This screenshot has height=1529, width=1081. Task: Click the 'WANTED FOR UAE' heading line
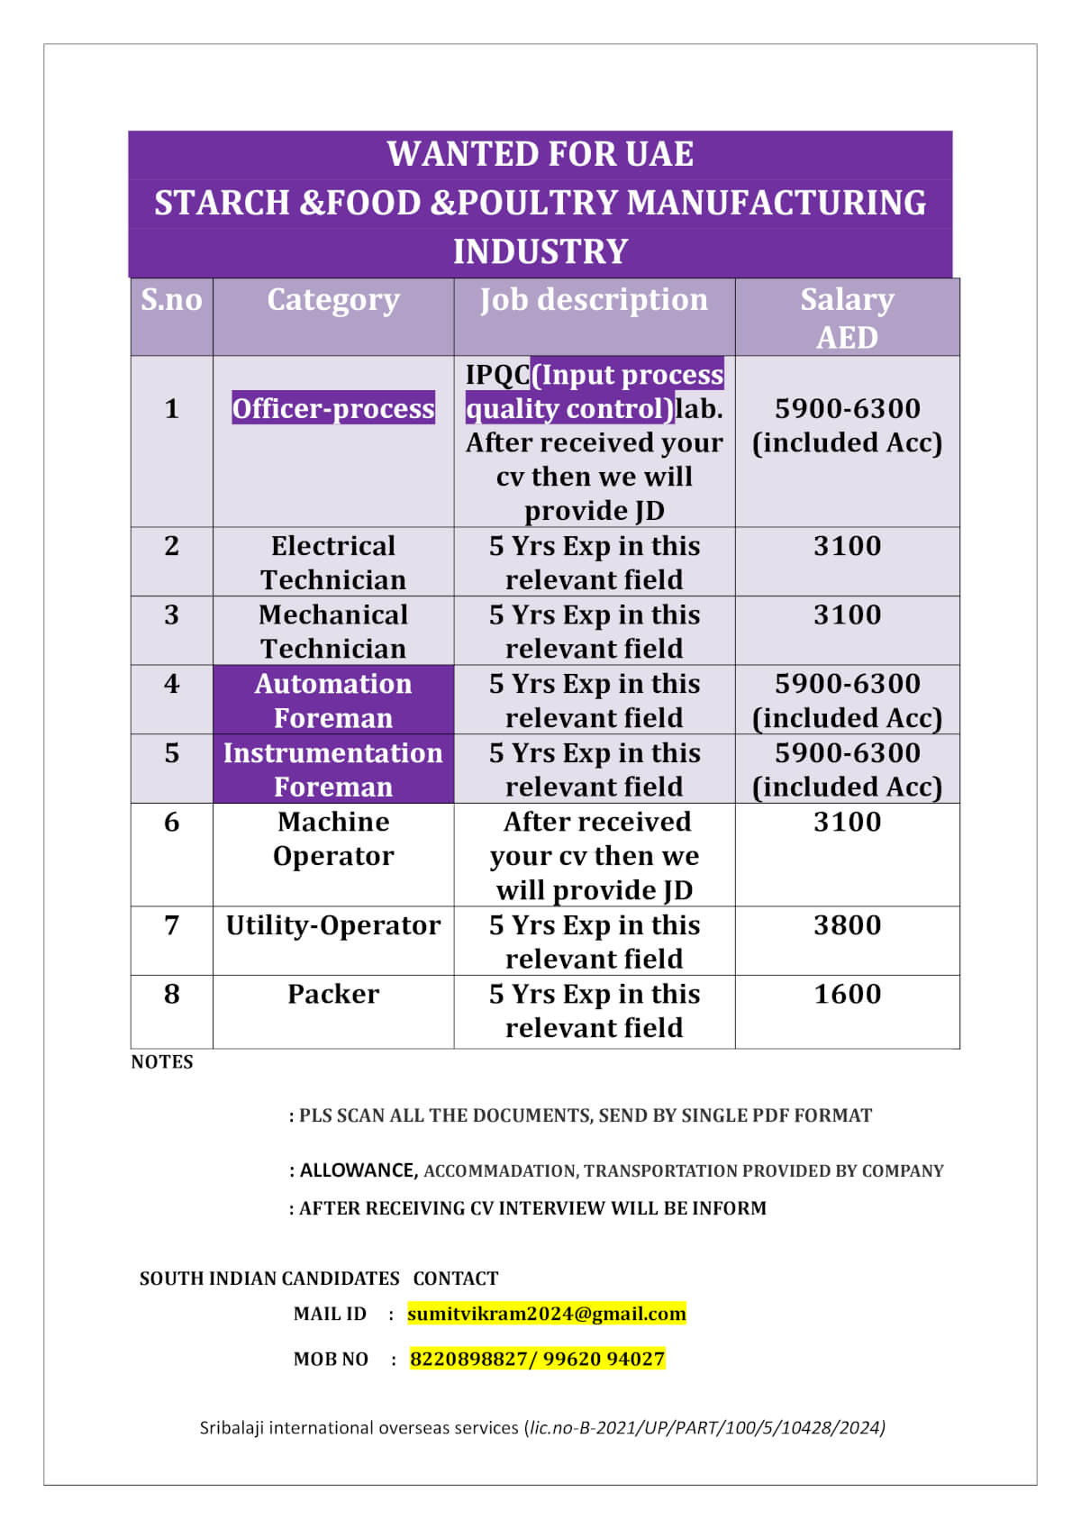tap(540, 154)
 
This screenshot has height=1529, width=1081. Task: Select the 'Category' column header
tap(333, 300)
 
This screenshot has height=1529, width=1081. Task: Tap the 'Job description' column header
tap(594, 300)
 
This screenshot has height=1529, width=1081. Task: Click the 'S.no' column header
tap(171, 300)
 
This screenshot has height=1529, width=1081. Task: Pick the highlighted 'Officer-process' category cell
tap(333, 408)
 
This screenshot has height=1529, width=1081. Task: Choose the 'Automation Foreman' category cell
tap(333, 700)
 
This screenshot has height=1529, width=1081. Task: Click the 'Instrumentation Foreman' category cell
tap(333, 769)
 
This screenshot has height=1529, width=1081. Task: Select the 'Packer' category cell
tap(333, 994)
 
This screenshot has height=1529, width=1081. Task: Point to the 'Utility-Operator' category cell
tap(333, 925)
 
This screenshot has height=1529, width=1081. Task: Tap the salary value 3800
tap(847, 925)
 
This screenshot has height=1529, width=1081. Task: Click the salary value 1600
tap(847, 994)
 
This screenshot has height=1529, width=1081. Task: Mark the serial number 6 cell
tap(171, 822)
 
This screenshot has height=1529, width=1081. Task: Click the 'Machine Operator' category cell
tap(333, 839)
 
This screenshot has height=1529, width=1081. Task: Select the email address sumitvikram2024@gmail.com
tap(546, 1314)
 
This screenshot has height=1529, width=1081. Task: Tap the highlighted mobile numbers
tap(537, 1359)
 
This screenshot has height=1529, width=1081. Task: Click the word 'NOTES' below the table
tap(162, 1062)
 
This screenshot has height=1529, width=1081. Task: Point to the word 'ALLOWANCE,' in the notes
tap(359, 1170)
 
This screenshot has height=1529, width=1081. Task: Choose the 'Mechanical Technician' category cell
tap(333, 632)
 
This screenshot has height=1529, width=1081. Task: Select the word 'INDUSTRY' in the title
tap(540, 251)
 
